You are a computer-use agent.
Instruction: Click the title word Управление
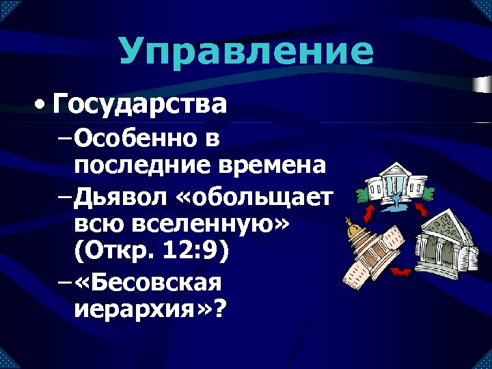pyautogui.click(x=246, y=52)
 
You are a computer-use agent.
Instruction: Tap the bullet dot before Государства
pyautogui.click(x=43, y=106)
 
